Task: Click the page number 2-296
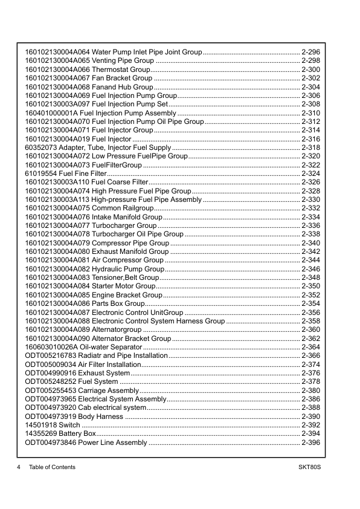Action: [310, 52]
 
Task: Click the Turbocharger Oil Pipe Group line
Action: [138, 235]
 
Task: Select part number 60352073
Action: [41, 148]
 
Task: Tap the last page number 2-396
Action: [310, 443]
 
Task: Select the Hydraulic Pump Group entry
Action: [128, 269]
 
